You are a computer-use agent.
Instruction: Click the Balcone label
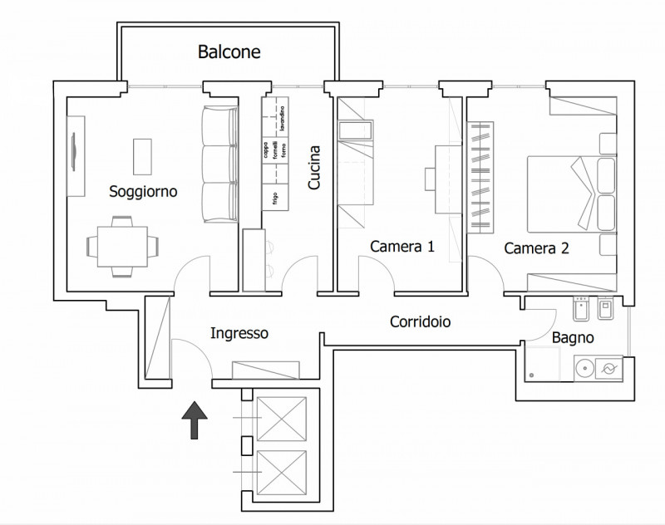229,52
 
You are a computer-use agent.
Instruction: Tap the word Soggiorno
144,192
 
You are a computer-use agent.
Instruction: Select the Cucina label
315,168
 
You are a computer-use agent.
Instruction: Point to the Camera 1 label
402,246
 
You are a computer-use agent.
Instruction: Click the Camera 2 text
536,248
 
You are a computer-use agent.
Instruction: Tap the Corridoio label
421,321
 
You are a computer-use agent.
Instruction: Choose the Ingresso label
239,333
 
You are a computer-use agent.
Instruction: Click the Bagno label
573,338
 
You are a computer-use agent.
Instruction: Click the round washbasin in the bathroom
584,366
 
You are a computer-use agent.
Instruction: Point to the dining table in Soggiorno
122,246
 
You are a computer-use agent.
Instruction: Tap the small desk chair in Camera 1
430,179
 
